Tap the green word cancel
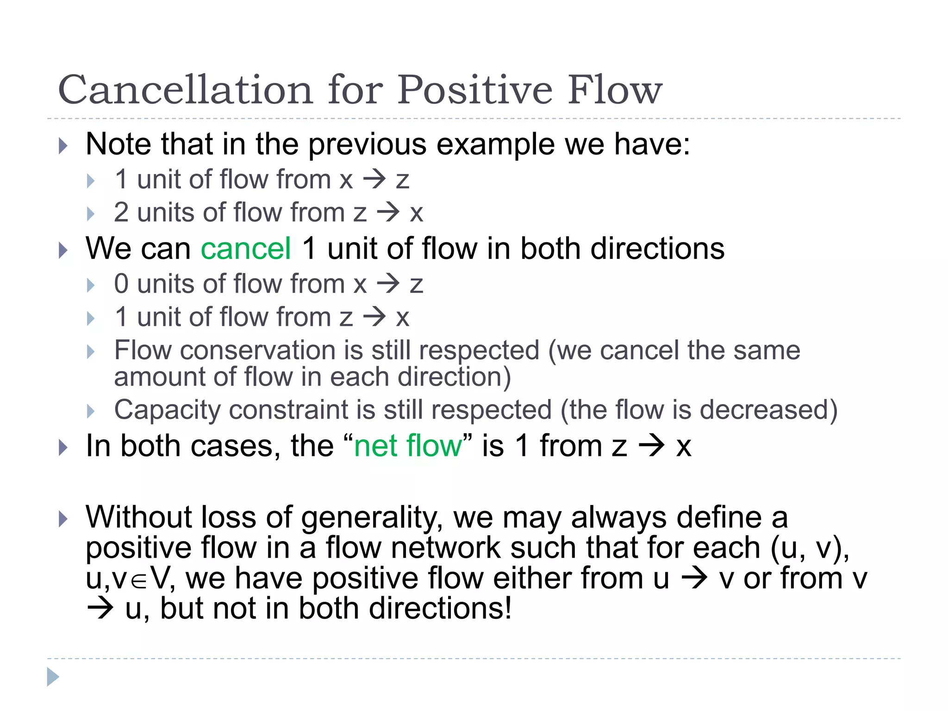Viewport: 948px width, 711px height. pos(246,249)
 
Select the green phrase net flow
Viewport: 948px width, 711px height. pos(408,446)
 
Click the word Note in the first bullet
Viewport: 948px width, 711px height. pos(118,144)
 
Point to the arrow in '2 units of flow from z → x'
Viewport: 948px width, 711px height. pos(388,212)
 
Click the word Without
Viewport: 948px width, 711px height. pos(138,517)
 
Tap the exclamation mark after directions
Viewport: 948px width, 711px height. pos(508,608)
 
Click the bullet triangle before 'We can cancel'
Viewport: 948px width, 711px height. pos(63,250)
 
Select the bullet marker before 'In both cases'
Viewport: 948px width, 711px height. pos(63,448)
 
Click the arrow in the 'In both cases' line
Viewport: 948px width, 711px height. pos(651,446)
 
